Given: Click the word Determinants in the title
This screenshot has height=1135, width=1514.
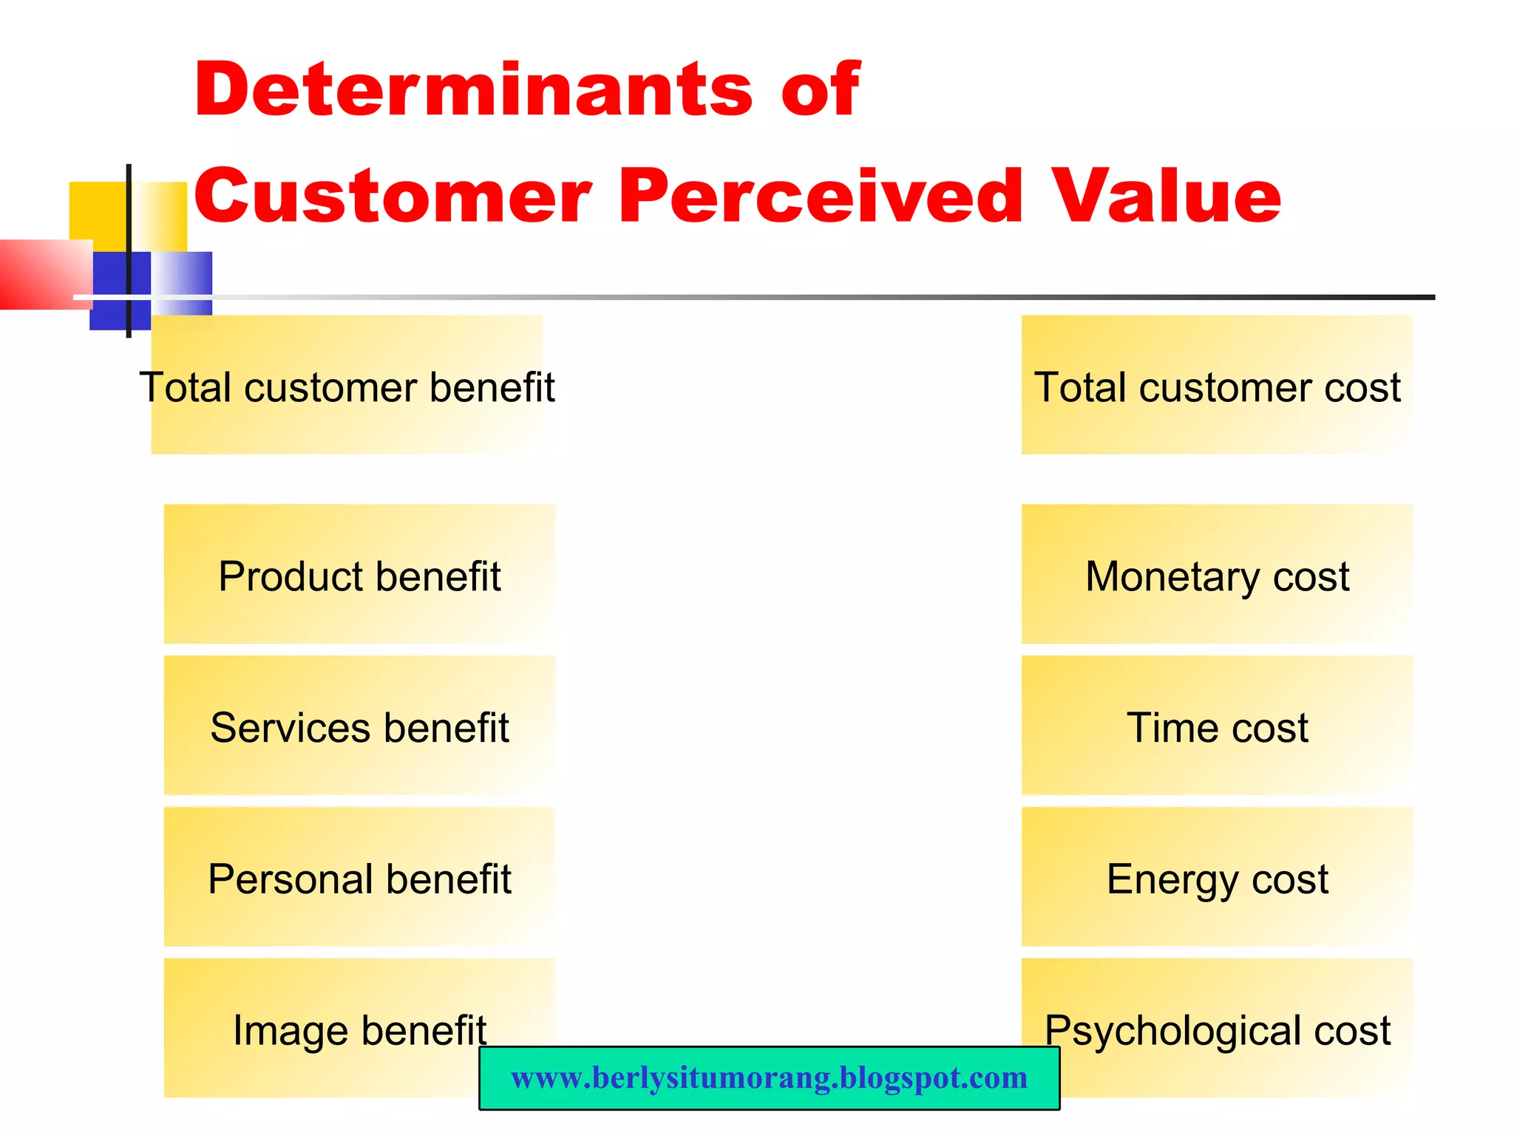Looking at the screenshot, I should [x=473, y=89].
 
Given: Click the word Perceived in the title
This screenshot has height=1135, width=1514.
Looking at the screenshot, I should [x=820, y=196].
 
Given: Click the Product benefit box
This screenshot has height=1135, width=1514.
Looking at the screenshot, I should [x=359, y=575].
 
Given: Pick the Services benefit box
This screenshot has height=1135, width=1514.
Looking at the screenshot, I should [x=359, y=726].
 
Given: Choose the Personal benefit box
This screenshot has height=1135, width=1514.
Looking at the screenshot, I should [x=359, y=878].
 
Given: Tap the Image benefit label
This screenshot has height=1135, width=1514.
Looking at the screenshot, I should [x=359, y=1029].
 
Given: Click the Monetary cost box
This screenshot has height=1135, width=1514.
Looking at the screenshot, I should [x=1217, y=575].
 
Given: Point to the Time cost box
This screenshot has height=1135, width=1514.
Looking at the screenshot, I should [x=1217, y=726].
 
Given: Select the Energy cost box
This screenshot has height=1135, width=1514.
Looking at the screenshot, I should [x=1217, y=878].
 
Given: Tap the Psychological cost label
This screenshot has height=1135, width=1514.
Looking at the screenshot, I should [x=1217, y=1029].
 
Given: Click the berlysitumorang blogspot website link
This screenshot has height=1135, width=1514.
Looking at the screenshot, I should [x=769, y=1078].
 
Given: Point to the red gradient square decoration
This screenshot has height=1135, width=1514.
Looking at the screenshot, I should [x=44, y=273].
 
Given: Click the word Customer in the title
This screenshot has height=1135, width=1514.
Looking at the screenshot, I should [x=393, y=196].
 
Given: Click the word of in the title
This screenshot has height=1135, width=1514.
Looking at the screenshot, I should [x=820, y=89].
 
